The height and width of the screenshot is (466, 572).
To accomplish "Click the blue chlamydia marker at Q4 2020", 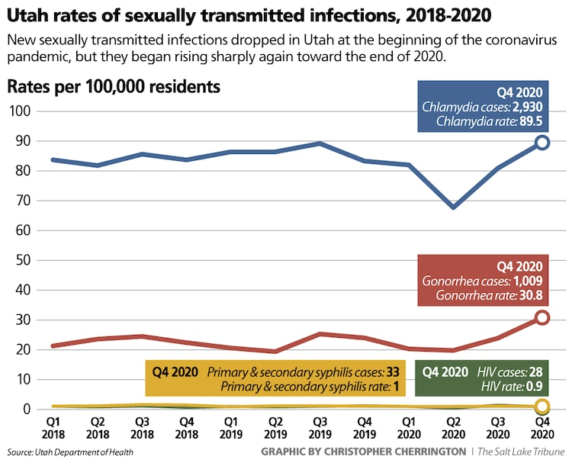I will click(x=542, y=142).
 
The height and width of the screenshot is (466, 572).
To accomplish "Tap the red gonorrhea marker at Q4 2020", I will click(x=542, y=317).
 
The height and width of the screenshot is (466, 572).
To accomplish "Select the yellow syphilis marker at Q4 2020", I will click(x=542, y=407).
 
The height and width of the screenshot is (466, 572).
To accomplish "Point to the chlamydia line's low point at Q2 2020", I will click(x=454, y=207).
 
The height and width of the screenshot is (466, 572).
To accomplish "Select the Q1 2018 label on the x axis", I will click(x=53, y=427).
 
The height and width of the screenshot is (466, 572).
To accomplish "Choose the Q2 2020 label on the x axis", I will click(x=454, y=427).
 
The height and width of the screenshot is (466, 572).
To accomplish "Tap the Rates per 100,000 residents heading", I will click(x=114, y=86).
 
